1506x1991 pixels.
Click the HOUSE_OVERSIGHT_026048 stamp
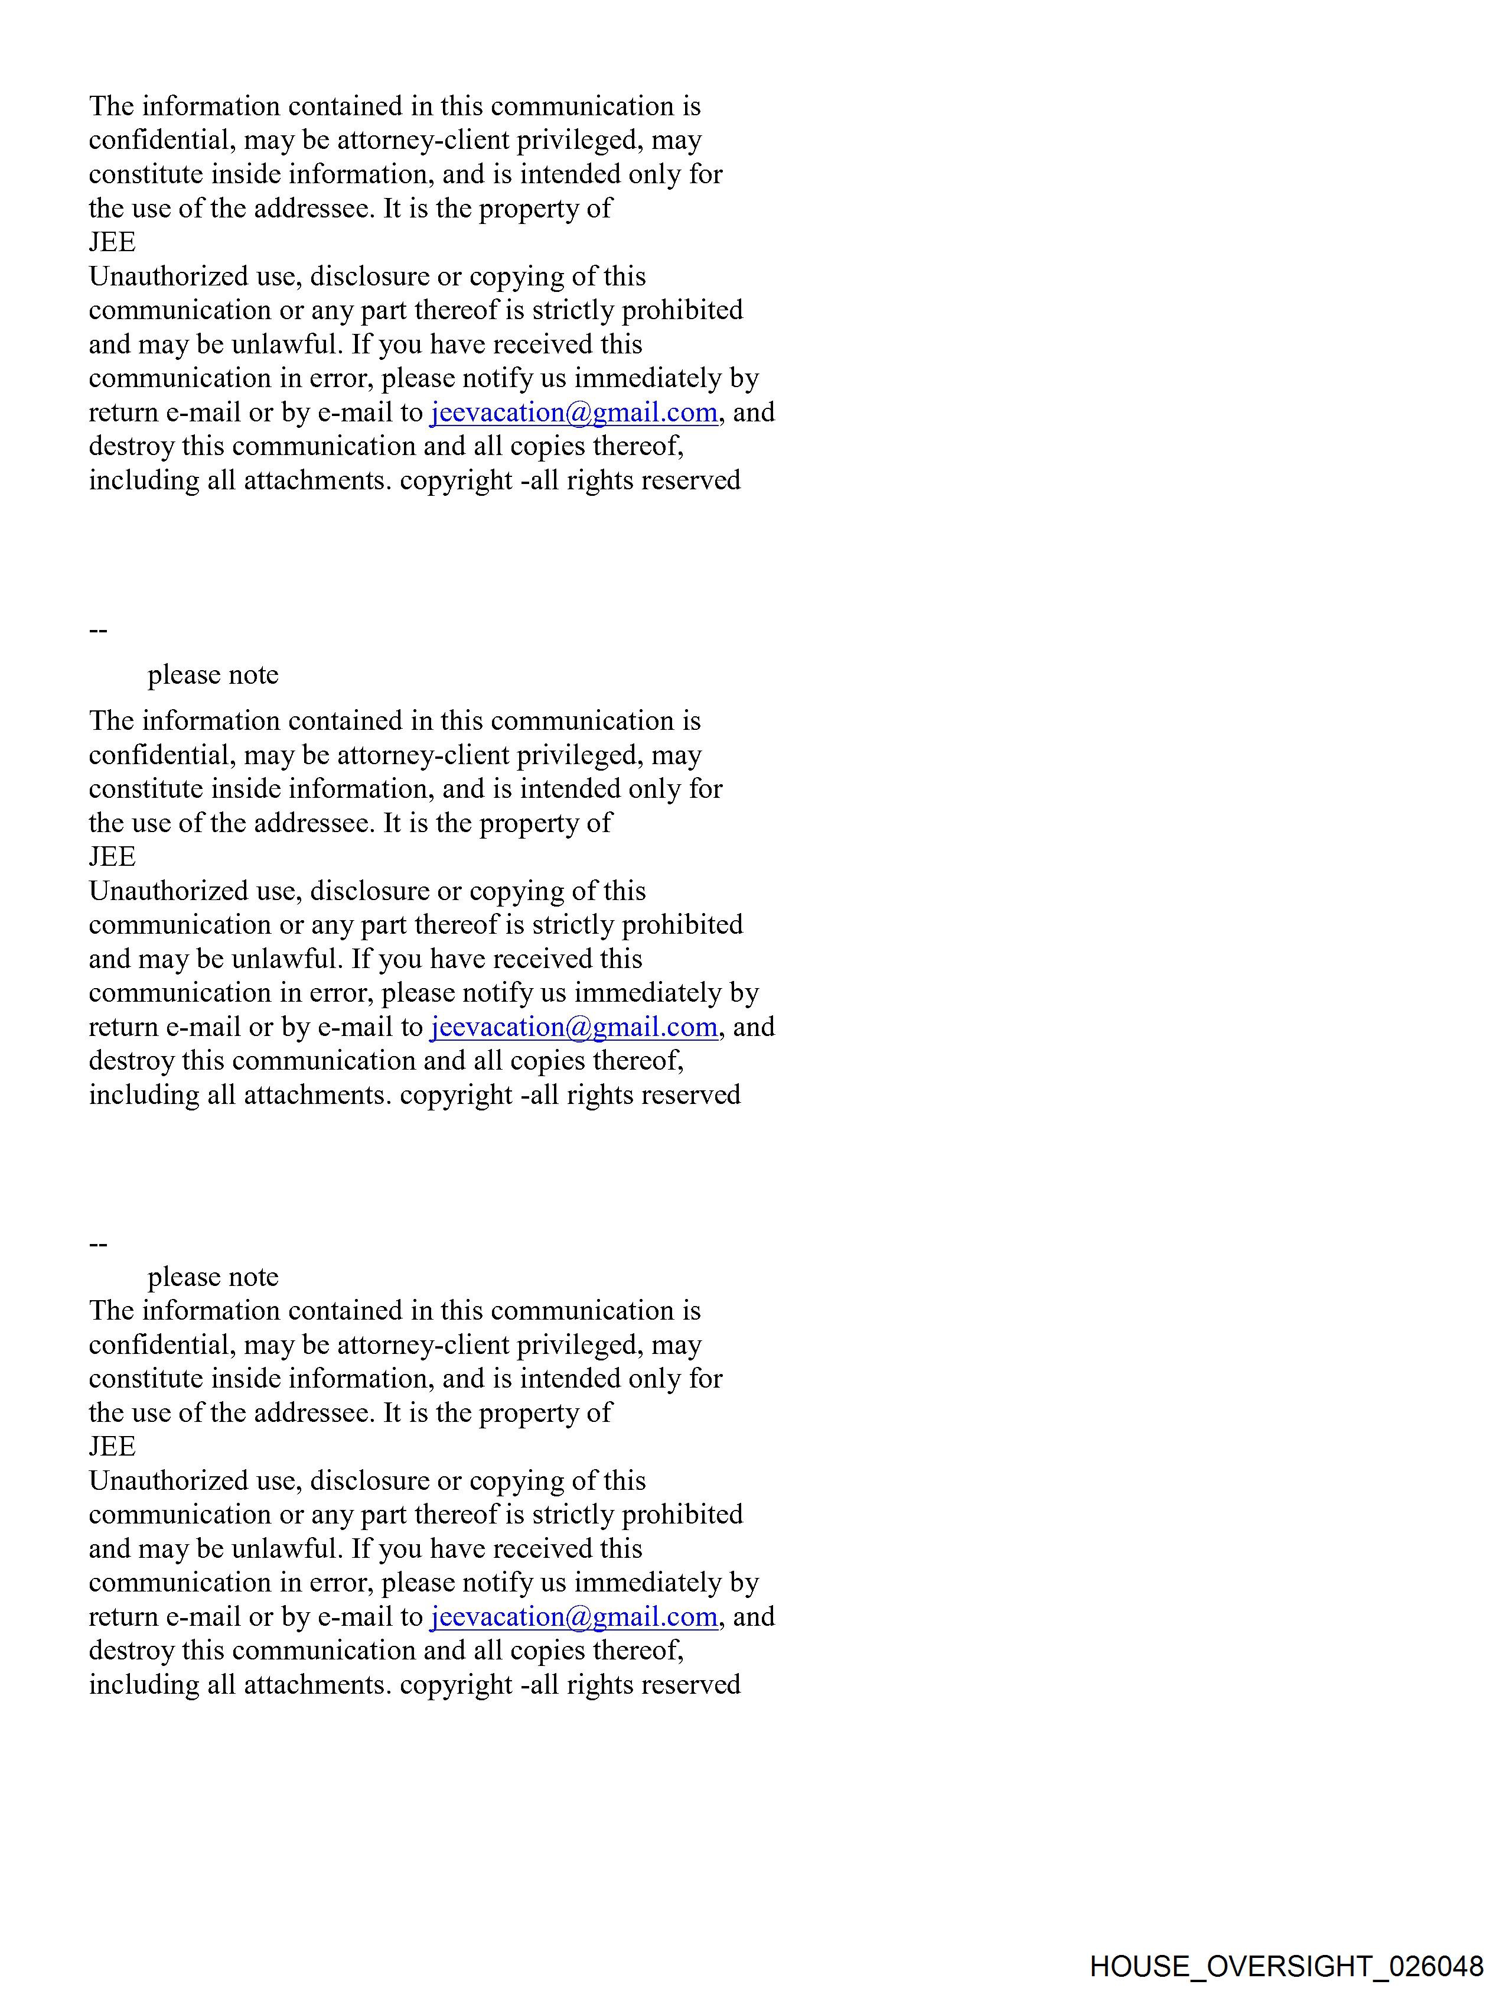click(x=1286, y=1966)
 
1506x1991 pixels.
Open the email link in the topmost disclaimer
click(x=573, y=413)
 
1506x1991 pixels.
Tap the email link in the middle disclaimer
click(x=573, y=1027)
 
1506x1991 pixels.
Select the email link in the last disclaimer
click(x=573, y=1616)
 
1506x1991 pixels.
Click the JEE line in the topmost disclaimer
click(x=112, y=243)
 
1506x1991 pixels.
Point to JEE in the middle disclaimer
click(x=112, y=857)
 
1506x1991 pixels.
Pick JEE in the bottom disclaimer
click(x=112, y=1447)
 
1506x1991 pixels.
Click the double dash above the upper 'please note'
click(x=98, y=630)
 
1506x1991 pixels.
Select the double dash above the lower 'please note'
click(x=98, y=1245)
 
